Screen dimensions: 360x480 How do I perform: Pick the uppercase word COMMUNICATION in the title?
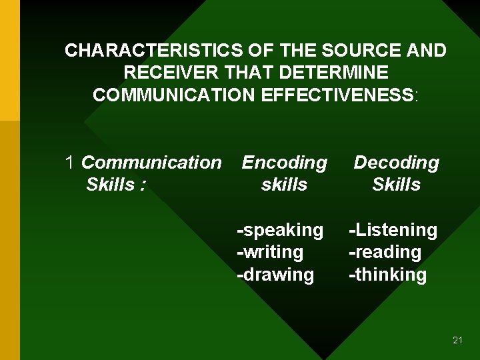175,95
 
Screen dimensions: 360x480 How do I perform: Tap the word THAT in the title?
257,73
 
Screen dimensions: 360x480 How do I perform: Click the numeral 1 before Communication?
70,163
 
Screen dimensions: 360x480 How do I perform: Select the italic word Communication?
151,163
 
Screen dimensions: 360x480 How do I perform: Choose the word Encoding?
285,163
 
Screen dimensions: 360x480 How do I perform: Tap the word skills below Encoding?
285,185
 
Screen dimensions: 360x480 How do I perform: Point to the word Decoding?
396,163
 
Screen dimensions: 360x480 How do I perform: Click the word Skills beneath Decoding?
396,185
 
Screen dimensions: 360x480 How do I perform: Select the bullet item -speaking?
280,231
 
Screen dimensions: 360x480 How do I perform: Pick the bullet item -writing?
270,253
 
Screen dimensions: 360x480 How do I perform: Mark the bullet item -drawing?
275,275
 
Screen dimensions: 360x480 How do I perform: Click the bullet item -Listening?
393,231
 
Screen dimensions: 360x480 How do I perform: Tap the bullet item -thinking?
388,275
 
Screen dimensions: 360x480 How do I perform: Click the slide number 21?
457,340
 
